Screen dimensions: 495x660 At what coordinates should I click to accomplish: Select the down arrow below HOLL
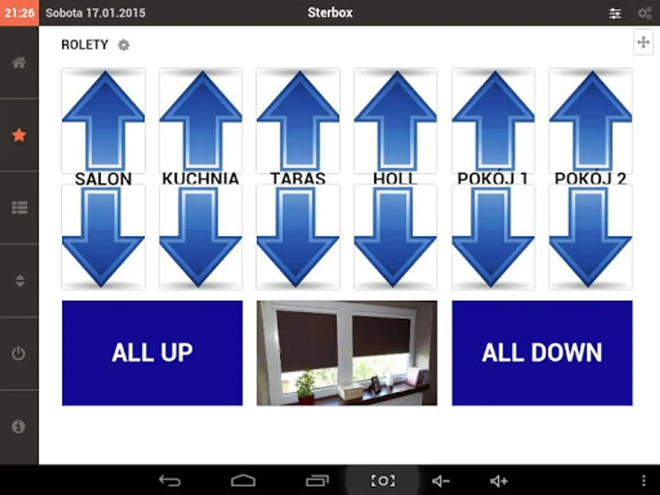point(395,237)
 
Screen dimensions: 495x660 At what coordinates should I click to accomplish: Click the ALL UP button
point(152,353)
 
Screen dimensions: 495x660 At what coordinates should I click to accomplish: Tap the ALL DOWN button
point(542,353)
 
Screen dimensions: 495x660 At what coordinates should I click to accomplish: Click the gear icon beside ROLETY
point(124,45)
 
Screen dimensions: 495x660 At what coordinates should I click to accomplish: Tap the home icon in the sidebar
point(19,63)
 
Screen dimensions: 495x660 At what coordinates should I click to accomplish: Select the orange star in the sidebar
point(19,135)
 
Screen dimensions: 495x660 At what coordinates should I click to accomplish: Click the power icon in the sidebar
point(19,353)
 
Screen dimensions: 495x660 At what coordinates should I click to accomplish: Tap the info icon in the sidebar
point(19,426)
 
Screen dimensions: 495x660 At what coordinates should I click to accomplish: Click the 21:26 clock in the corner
point(19,13)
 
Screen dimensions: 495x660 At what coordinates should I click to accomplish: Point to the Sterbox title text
point(330,13)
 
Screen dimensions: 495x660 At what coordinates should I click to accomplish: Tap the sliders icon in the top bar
point(615,13)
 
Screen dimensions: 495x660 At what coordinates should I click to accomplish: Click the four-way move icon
point(643,42)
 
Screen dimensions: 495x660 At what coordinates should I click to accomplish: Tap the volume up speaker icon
point(499,481)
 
